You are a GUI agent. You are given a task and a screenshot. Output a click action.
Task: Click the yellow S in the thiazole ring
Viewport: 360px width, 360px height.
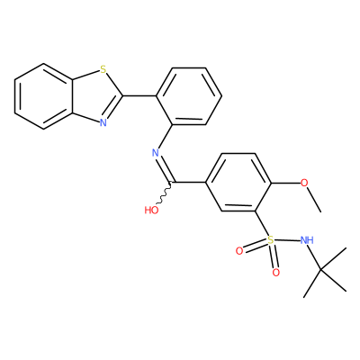103,70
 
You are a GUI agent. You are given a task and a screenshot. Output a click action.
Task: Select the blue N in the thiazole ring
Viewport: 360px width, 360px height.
103,122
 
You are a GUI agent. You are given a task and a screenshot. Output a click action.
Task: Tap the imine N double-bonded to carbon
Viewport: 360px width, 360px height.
156,153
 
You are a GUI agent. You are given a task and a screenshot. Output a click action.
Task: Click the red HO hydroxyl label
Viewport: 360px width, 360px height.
151,210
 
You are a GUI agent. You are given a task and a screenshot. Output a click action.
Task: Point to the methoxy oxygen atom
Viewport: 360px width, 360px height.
304,183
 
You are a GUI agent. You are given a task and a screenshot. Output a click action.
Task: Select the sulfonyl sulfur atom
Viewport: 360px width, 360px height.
271,240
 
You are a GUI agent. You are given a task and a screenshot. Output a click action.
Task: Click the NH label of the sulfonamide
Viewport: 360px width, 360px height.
307,240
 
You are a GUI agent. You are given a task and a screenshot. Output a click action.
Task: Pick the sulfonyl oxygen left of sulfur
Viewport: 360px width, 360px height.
239,251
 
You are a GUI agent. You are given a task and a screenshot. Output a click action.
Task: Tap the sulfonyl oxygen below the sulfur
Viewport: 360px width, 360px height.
276,273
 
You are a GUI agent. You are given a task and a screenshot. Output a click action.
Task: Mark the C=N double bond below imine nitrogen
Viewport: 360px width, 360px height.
166,169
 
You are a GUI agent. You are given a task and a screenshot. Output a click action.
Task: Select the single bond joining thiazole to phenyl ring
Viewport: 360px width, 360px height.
139,96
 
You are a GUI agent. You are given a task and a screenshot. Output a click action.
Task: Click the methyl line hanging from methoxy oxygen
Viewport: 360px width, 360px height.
314,200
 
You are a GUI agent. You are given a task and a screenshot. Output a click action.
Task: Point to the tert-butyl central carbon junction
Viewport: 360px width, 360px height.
320,270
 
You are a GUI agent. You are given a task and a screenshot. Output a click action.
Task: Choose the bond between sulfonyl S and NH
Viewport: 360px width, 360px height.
287,240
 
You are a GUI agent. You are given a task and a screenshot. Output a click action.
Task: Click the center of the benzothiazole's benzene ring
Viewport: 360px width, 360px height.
43,96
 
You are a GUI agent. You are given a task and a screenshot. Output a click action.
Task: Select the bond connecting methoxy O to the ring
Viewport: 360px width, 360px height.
285,183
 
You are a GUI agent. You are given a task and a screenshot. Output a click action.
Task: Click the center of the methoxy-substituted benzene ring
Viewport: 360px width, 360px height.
238,183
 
